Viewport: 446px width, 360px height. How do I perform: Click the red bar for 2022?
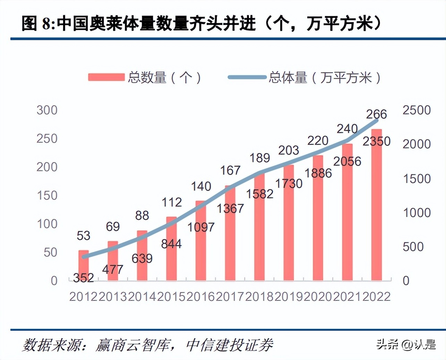376,208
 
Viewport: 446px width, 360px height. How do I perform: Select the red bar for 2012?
84,265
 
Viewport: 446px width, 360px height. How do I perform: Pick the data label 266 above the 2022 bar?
376,114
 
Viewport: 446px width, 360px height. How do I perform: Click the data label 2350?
376,141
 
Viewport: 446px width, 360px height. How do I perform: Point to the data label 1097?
201,227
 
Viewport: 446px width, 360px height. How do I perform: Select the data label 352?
84,277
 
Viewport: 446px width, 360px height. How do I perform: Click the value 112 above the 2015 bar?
172,202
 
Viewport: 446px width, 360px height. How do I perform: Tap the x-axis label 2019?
289,297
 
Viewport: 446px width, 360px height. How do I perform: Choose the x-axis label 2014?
142,297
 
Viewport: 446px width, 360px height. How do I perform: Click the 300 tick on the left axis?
47,110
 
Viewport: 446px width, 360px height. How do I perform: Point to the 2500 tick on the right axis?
416,110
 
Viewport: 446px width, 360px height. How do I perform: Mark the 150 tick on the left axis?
47,196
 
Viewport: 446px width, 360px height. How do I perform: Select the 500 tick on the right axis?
413,247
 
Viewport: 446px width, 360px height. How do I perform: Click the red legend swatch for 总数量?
106,77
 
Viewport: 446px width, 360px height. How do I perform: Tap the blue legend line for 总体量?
247,77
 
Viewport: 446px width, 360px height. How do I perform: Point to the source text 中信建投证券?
229,345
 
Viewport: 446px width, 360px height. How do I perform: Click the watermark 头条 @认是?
406,344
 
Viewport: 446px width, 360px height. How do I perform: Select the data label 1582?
259,194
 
